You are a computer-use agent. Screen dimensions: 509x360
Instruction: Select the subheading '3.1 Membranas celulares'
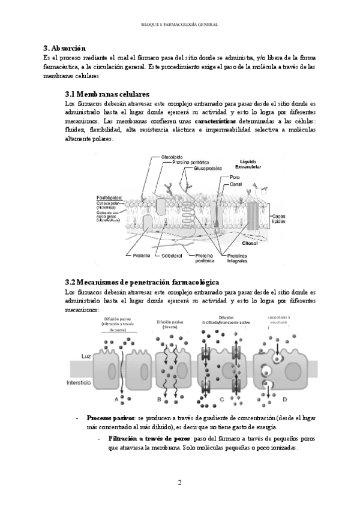click(x=107, y=94)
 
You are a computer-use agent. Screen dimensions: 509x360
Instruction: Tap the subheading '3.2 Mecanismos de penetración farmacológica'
click(x=142, y=282)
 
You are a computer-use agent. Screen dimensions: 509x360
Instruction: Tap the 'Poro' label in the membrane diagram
click(x=235, y=178)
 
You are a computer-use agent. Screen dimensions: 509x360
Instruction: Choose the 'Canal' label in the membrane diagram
click(x=236, y=184)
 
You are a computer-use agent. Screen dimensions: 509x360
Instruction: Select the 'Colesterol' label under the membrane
click(x=172, y=255)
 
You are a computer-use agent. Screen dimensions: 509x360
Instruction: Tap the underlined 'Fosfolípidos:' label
click(x=110, y=197)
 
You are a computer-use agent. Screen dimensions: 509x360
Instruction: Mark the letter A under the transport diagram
click(x=116, y=399)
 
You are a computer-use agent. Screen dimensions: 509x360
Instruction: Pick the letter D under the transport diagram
click(x=284, y=399)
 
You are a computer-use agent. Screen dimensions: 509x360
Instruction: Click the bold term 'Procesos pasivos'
click(x=110, y=418)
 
